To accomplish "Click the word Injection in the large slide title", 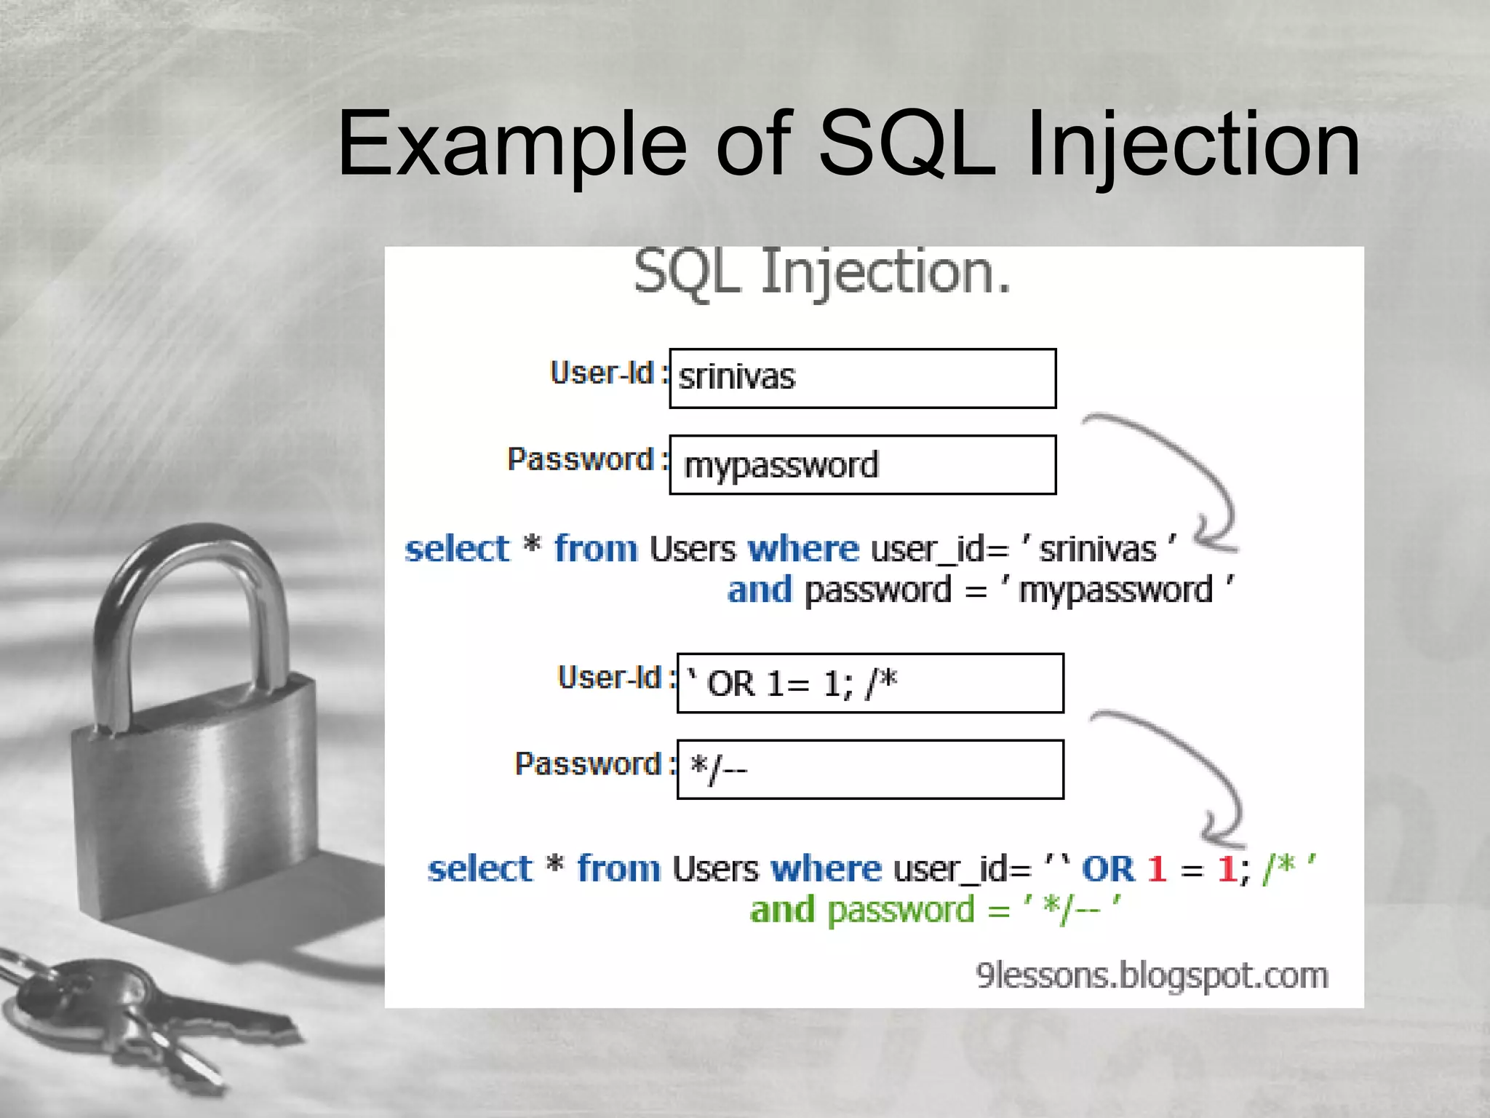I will (x=1192, y=144).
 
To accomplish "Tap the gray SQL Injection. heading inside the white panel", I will (x=822, y=273).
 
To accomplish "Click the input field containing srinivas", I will (x=862, y=378).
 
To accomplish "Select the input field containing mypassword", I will (x=862, y=465).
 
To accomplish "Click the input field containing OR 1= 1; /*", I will (x=870, y=683).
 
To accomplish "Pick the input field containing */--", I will (x=870, y=769).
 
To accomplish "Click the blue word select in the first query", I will (x=457, y=549).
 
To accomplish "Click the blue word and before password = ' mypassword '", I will (x=760, y=590).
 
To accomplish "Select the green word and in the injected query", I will (x=782, y=910).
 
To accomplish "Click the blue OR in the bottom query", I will (x=1107, y=869).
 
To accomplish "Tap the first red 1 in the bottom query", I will (x=1156, y=869).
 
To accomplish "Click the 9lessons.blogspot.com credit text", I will (x=1152, y=975).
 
